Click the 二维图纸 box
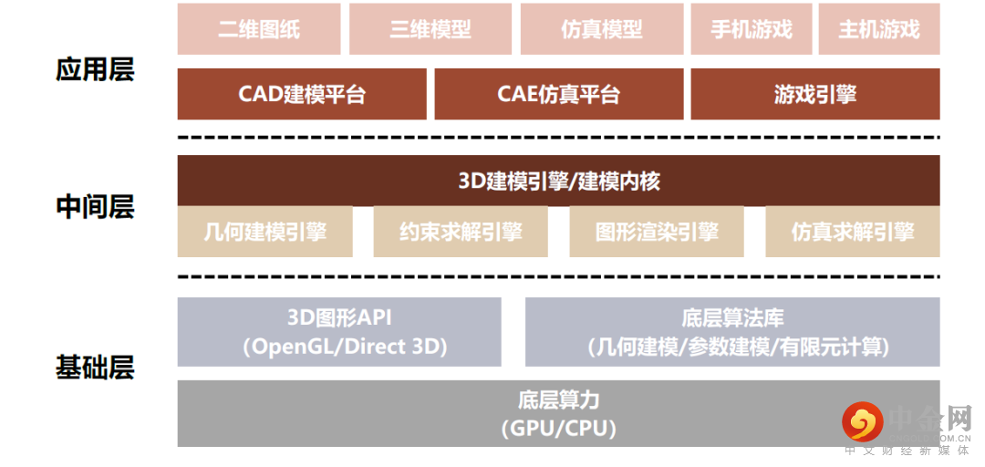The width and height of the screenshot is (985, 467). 259,29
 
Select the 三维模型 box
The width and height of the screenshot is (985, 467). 430,29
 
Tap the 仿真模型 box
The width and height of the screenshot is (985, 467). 602,29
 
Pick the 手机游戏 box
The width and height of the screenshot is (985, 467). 751,29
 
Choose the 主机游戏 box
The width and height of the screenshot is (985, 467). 879,29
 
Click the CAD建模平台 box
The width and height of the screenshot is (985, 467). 302,94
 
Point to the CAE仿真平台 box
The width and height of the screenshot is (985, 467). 559,94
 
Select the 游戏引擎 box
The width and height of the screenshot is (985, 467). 815,94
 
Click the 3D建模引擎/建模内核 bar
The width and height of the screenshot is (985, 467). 558,181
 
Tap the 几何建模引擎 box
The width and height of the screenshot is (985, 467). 264,232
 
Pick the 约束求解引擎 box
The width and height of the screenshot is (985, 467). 461,232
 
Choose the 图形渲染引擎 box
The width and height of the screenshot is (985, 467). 657,232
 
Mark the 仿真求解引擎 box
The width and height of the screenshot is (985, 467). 853,232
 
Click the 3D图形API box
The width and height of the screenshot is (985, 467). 339,332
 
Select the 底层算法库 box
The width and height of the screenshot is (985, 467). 732,332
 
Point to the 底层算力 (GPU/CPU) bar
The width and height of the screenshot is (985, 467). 558,413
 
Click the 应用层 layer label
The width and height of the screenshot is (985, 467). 95,71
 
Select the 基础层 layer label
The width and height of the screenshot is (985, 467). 95,368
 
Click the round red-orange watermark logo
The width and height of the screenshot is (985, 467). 862,422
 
